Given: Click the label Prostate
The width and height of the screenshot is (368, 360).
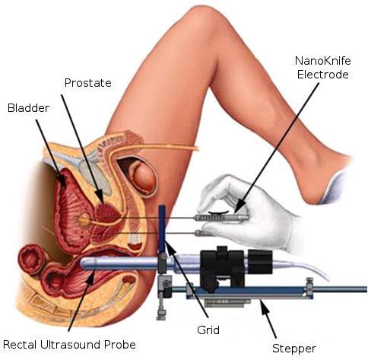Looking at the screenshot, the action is point(87,83).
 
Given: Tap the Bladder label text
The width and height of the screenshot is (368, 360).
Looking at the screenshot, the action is point(28,108).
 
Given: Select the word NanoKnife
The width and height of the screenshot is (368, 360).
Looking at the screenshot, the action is point(323,61).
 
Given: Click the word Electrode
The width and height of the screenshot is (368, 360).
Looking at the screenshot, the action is point(323,75).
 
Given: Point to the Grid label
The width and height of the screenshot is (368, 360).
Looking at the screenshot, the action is point(208,330).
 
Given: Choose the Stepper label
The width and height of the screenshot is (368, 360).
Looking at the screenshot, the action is point(294,349).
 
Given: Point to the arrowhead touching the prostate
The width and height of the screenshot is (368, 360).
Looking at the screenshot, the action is point(100,197).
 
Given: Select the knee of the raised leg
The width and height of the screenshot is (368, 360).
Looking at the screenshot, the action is point(200,23).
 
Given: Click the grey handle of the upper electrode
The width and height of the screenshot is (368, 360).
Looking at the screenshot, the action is point(222,218).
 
